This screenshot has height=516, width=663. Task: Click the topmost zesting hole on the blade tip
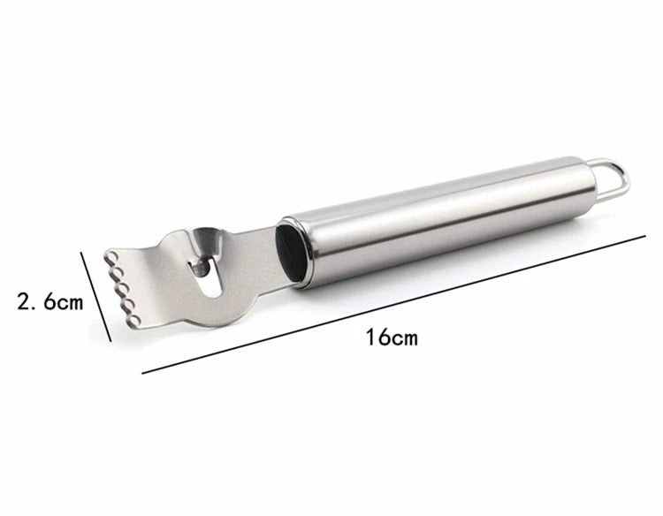[x=111, y=256]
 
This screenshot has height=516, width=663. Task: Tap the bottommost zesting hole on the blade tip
[x=135, y=320]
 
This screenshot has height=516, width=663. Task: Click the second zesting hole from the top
[x=117, y=271]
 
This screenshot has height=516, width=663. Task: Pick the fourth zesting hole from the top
[x=129, y=305]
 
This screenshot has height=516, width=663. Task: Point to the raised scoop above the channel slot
[x=206, y=242]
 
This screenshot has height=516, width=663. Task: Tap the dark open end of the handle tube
[x=291, y=253]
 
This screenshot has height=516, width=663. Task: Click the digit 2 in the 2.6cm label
[x=23, y=302]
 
